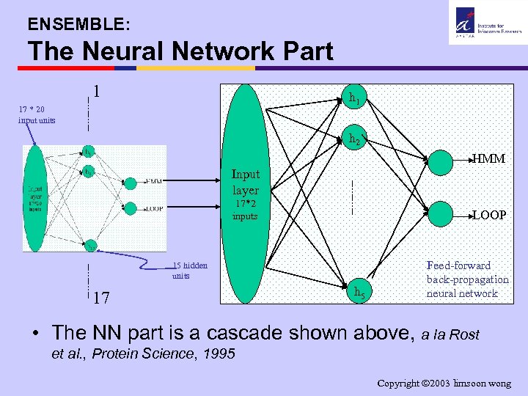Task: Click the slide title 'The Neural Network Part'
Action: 180,51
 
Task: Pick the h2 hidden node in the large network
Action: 354,138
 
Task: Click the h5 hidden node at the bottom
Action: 357,292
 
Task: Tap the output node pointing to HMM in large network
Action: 442,159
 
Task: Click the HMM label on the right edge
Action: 488,158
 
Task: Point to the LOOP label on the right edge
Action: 488,215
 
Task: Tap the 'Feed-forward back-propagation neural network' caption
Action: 467,279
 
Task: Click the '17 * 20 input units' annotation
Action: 36,114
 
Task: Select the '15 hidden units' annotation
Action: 190,271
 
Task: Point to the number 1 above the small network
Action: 96,93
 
